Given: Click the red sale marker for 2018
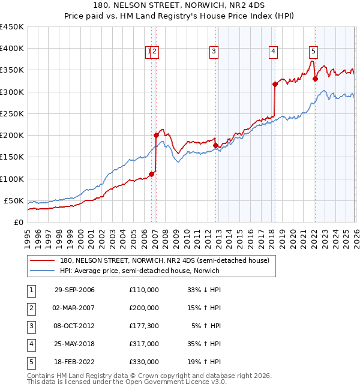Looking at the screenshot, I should coord(274,85).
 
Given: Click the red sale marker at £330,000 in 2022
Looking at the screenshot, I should coord(314,79).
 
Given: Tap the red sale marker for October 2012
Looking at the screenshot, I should coord(215,145).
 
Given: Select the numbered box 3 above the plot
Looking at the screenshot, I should coord(214,52).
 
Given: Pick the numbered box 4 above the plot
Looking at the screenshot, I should coord(273,52).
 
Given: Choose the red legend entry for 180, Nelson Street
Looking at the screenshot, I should coord(165,260).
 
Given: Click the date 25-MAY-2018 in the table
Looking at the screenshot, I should coord(74,344).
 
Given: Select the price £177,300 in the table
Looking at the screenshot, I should coord(143,326).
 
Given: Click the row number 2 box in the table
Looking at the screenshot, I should coord(31,308).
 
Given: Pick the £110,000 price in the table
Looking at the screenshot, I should coord(143,290).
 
